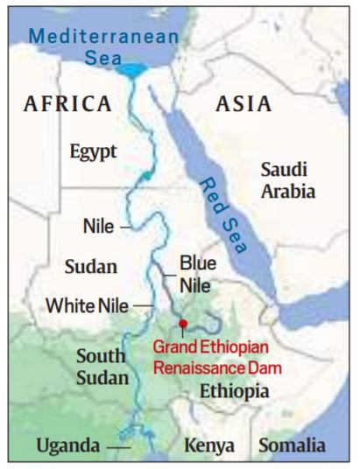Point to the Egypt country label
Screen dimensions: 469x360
point(93,151)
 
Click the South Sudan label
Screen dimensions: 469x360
point(102,367)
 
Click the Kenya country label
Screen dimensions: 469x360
point(209,446)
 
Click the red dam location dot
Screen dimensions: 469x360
point(183,325)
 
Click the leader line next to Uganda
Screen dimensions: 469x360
point(119,447)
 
